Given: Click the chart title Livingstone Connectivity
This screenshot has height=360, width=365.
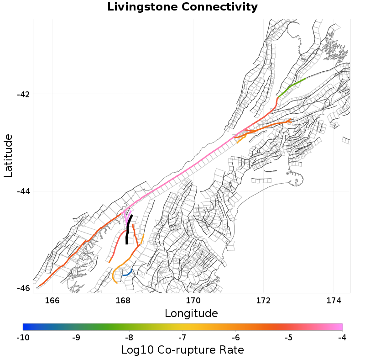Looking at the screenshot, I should coord(182,7).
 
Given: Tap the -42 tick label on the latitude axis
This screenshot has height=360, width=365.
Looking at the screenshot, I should coord(23,95).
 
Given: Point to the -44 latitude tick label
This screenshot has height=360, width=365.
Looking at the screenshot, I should coord(23,191).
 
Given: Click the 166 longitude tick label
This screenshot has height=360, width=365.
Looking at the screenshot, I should coord(52,300).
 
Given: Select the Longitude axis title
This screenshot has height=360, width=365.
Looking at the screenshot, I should coord(191,313).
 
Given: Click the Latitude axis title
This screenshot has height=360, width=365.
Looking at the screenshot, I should coord(8,155).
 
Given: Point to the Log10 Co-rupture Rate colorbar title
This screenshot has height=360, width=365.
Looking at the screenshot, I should coord(182,350).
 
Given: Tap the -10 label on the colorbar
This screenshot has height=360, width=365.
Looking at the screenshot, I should coord(23,338).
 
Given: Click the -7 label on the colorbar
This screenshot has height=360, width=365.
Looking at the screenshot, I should coord(182,338).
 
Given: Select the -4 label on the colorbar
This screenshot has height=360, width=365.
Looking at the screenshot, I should coord(342,338).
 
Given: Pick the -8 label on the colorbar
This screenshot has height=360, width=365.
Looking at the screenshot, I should coord(129,338).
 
